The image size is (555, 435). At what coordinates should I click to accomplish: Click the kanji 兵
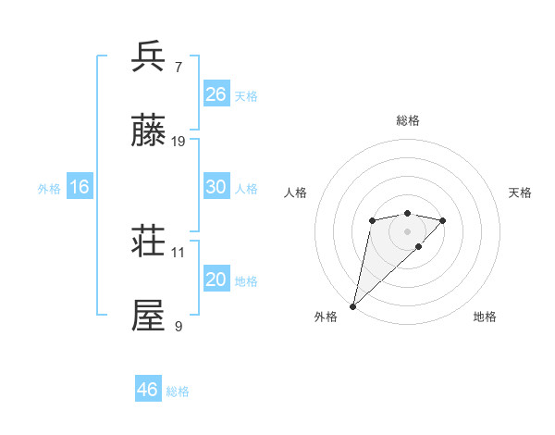[x=149, y=56]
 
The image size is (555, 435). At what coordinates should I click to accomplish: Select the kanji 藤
[x=149, y=130]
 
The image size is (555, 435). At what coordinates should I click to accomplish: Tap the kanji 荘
[x=149, y=241]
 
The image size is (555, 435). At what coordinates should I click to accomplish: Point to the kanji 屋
[x=149, y=316]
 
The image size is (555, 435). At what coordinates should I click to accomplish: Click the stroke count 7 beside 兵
[x=179, y=67]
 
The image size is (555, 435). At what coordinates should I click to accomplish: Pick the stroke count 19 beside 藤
[x=179, y=142]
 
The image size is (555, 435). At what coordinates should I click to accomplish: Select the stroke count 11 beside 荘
[x=179, y=252]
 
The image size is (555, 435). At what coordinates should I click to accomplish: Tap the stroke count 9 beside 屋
[x=179, y=327]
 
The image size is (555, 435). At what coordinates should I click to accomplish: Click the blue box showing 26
[x=216, y=94]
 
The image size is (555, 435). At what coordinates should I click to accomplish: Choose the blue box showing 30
[x=216, y=186]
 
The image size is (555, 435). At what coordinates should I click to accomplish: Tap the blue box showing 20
[x=216, y=280]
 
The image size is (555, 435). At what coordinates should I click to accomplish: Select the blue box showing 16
[x=80, y=187]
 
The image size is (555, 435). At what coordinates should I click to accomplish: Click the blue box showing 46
[x=148, y=390]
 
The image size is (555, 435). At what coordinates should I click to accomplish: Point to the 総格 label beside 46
[x=178, y=391]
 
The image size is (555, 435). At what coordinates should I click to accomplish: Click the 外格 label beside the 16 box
[x=49, y=189]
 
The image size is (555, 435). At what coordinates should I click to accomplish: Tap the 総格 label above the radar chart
[x=407, y=120]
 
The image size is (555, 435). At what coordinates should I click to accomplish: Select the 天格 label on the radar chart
[x=520, y=193]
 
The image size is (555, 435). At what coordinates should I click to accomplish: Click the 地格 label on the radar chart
[x=485, y=317]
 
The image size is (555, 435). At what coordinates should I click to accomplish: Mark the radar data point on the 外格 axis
[x=352, y=305]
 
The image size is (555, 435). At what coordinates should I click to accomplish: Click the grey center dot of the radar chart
[x=407, y=231]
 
